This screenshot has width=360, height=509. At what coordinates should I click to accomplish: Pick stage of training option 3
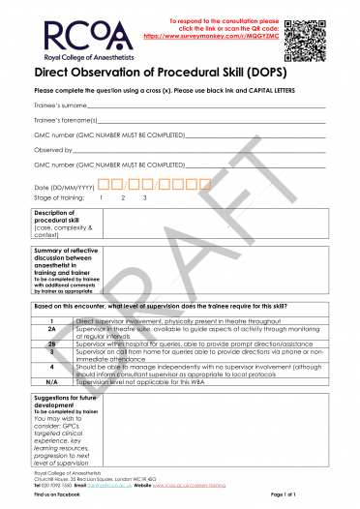coord(144,197)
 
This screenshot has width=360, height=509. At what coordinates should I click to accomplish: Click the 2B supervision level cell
coord(52,343)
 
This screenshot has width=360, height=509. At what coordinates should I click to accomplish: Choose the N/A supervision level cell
coord(52,381)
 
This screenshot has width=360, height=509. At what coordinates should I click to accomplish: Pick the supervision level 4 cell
coord(52,369)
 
